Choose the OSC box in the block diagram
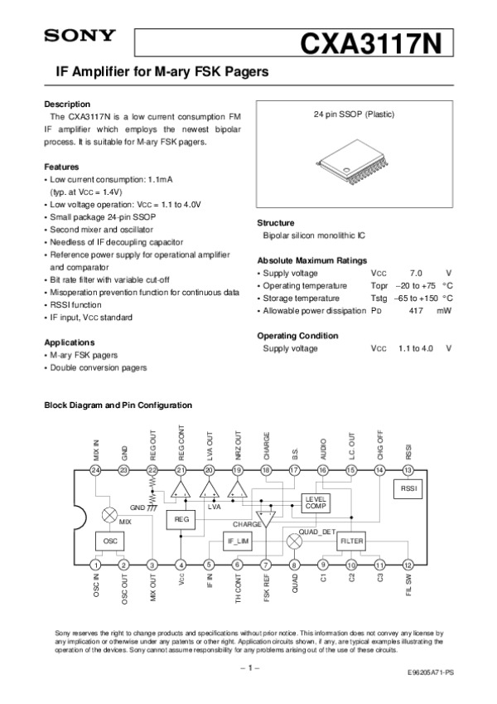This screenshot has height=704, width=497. tap(109, 540)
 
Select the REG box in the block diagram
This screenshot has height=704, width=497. tap(181, 518)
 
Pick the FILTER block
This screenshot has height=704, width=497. tap(352, 540)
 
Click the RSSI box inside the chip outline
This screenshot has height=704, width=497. tap(408, 489)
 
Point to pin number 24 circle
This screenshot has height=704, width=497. tap(96, 470)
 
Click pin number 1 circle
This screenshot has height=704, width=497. tap(96, 566)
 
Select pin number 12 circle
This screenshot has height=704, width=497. tap(408, 566)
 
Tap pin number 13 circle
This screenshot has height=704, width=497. tap(408, 470)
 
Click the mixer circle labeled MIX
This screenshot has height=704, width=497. tap(109, 515)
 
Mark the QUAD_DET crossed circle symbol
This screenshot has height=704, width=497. tap(293, 540)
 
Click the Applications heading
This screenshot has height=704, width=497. tap(68, 342)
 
